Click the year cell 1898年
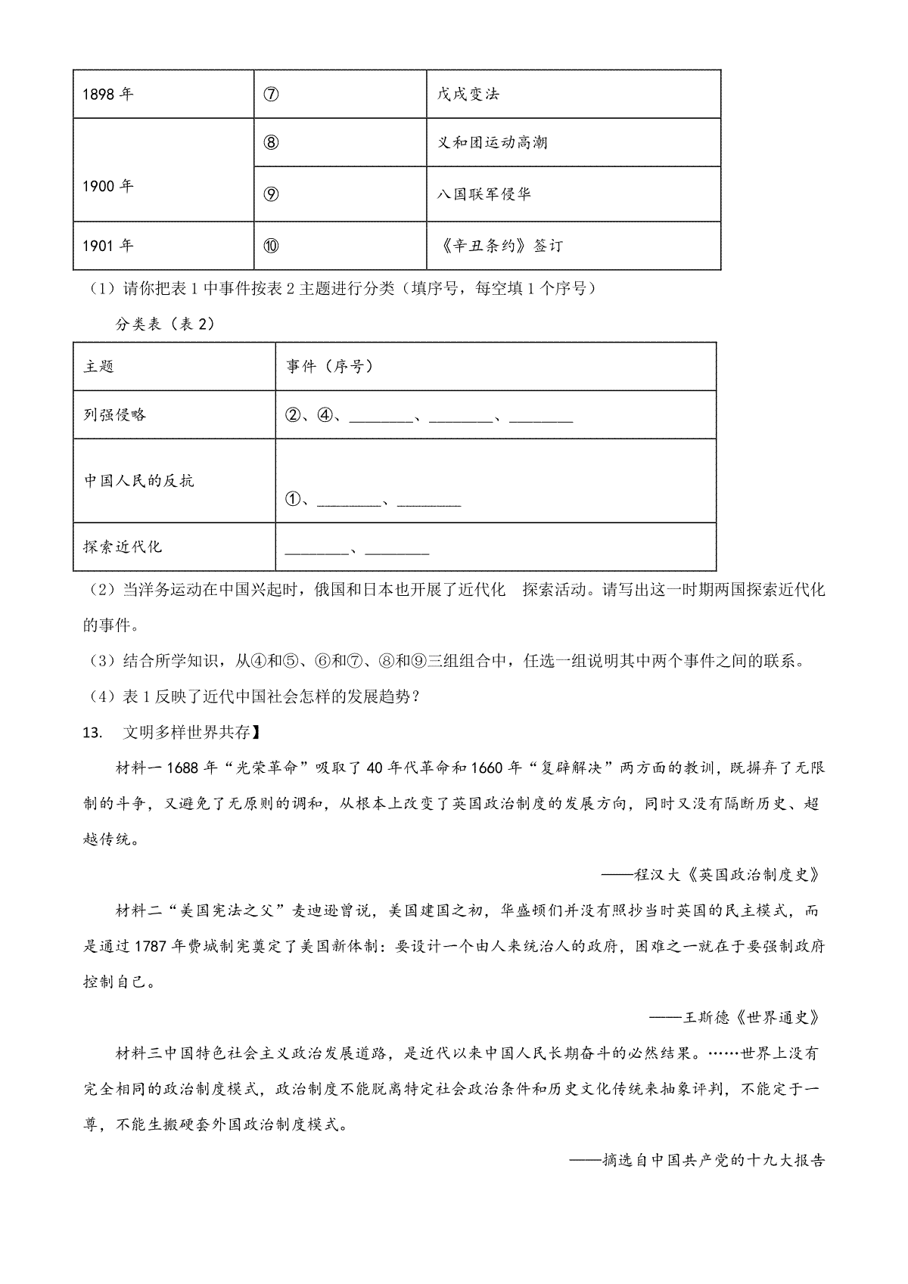pyautogui.click(x=107, y=95)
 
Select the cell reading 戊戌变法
pyautogui.click(x=468, y=95)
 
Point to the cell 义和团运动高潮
pyautogui.click(x=493, y=143)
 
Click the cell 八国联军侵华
pyautogui.click(x=484, y=194)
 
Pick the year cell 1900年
pyautogui.click(x=107, y=187)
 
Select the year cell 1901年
pyautogui.click(x=107, y=246)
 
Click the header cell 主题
pyautogui.click(x=99, y=367)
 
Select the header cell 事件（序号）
pyautogui.click(x=330, y=367)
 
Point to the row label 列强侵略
pyautogui.click(x=115, y=414)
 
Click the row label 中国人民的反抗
pyautogui.click(x=139, y=481)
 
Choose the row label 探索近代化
pyautogui.click(x=123, y=547)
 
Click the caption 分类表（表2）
pyautogui.click(x=165, y=324)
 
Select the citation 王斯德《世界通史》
pyautogui.click(x=752, y=1017)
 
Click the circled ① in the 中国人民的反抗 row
pyautogui.click(x=294, y=500)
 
